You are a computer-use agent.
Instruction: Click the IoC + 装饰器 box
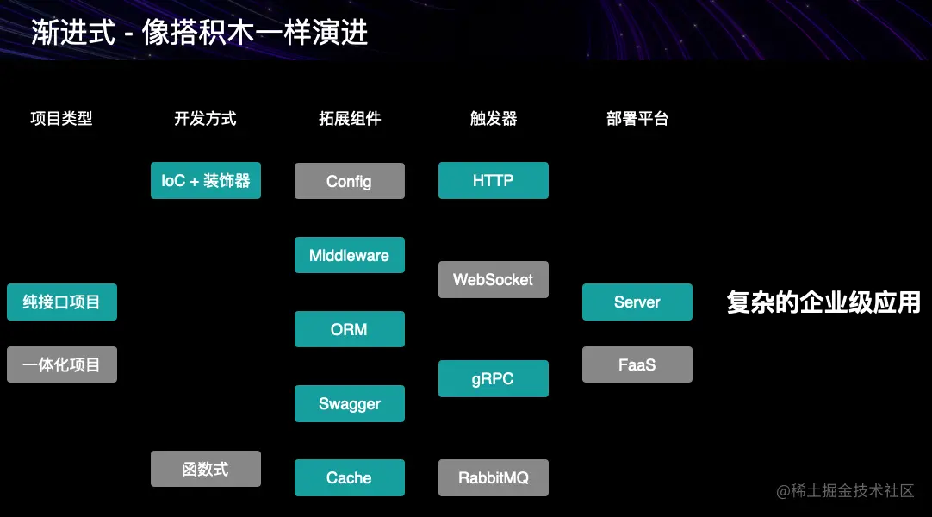click(x=205, y=181)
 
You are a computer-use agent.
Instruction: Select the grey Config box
click(x=349, y=181)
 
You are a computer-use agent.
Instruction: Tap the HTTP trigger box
click(x=493, y=181)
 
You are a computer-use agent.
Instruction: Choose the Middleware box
click(x=349, y=255)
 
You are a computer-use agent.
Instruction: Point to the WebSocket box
click(x=493, y=279)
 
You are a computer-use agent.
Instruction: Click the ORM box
click(x=349, y=329)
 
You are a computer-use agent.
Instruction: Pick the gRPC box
click(x=493, y=378)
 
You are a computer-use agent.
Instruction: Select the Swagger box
click(x=349, y=403)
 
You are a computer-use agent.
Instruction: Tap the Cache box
click(x=349, y=477)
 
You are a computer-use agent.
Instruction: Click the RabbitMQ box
click(x=493, y=477)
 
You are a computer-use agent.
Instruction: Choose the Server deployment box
click(x=637, y=302)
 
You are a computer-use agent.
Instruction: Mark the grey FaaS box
click(x=637, y=364)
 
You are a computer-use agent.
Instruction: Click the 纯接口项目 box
click(x=61, y=302)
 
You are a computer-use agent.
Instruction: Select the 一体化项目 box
click(x=61, y=364)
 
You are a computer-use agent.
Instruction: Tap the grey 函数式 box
click(x=205, y=469)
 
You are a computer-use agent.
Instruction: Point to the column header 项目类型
click(x=61, y=119)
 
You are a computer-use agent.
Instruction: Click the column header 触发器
click(x=493, y=119)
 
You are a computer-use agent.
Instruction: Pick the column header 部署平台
click(x=637, y=119)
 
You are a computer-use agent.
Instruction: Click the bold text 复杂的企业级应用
click(x=823, y=302)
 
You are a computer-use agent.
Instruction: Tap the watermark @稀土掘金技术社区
click(x=844, y=491)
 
